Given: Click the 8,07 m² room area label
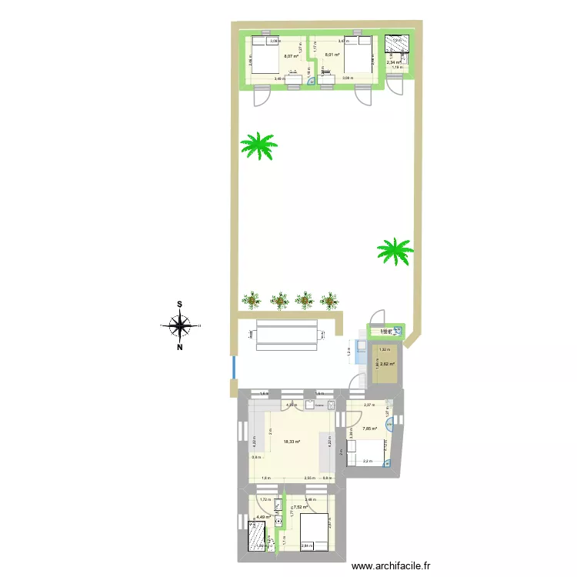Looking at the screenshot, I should coord(291,56).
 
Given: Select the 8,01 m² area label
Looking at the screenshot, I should coord(332,55).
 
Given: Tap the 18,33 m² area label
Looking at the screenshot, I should coord(292,442).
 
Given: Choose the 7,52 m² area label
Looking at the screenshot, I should coord(299,507).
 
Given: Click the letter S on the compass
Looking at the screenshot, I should coord(180,304).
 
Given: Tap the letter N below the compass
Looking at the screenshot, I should coord(180,347).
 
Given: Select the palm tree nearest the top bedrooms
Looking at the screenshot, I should coord(258,145).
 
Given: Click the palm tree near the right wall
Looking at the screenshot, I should coord(395,250).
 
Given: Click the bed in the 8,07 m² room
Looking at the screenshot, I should coord(264,58).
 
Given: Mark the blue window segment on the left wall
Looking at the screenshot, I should coord(232,367).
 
